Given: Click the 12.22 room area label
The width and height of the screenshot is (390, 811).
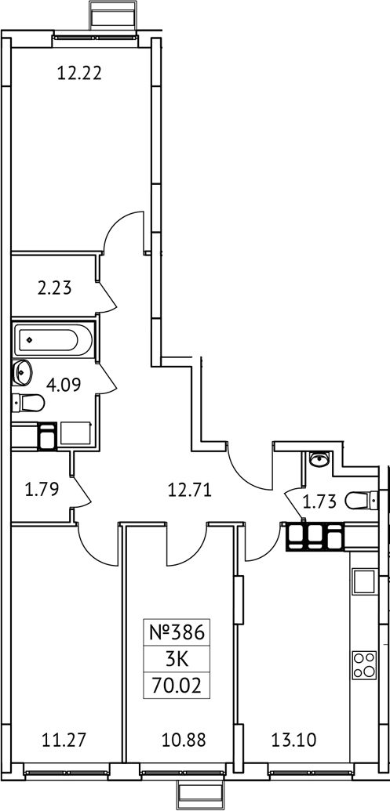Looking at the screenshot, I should [x=81, y=74].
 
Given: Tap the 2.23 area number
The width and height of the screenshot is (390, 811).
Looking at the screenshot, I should [x=54, y=288].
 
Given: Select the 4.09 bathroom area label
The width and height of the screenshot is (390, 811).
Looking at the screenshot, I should [x=62, y=385].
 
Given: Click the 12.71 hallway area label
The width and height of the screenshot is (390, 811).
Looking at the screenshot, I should [x=189, y=491].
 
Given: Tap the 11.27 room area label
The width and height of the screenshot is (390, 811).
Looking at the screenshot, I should [x=62, y=738].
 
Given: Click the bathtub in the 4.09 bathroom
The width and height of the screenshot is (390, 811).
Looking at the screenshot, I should [x=47, y=340].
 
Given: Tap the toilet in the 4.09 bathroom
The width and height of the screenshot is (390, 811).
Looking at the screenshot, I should [x=28, y=404].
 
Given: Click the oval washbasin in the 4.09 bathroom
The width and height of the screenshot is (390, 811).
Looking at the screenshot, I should [x=20, y=371].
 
